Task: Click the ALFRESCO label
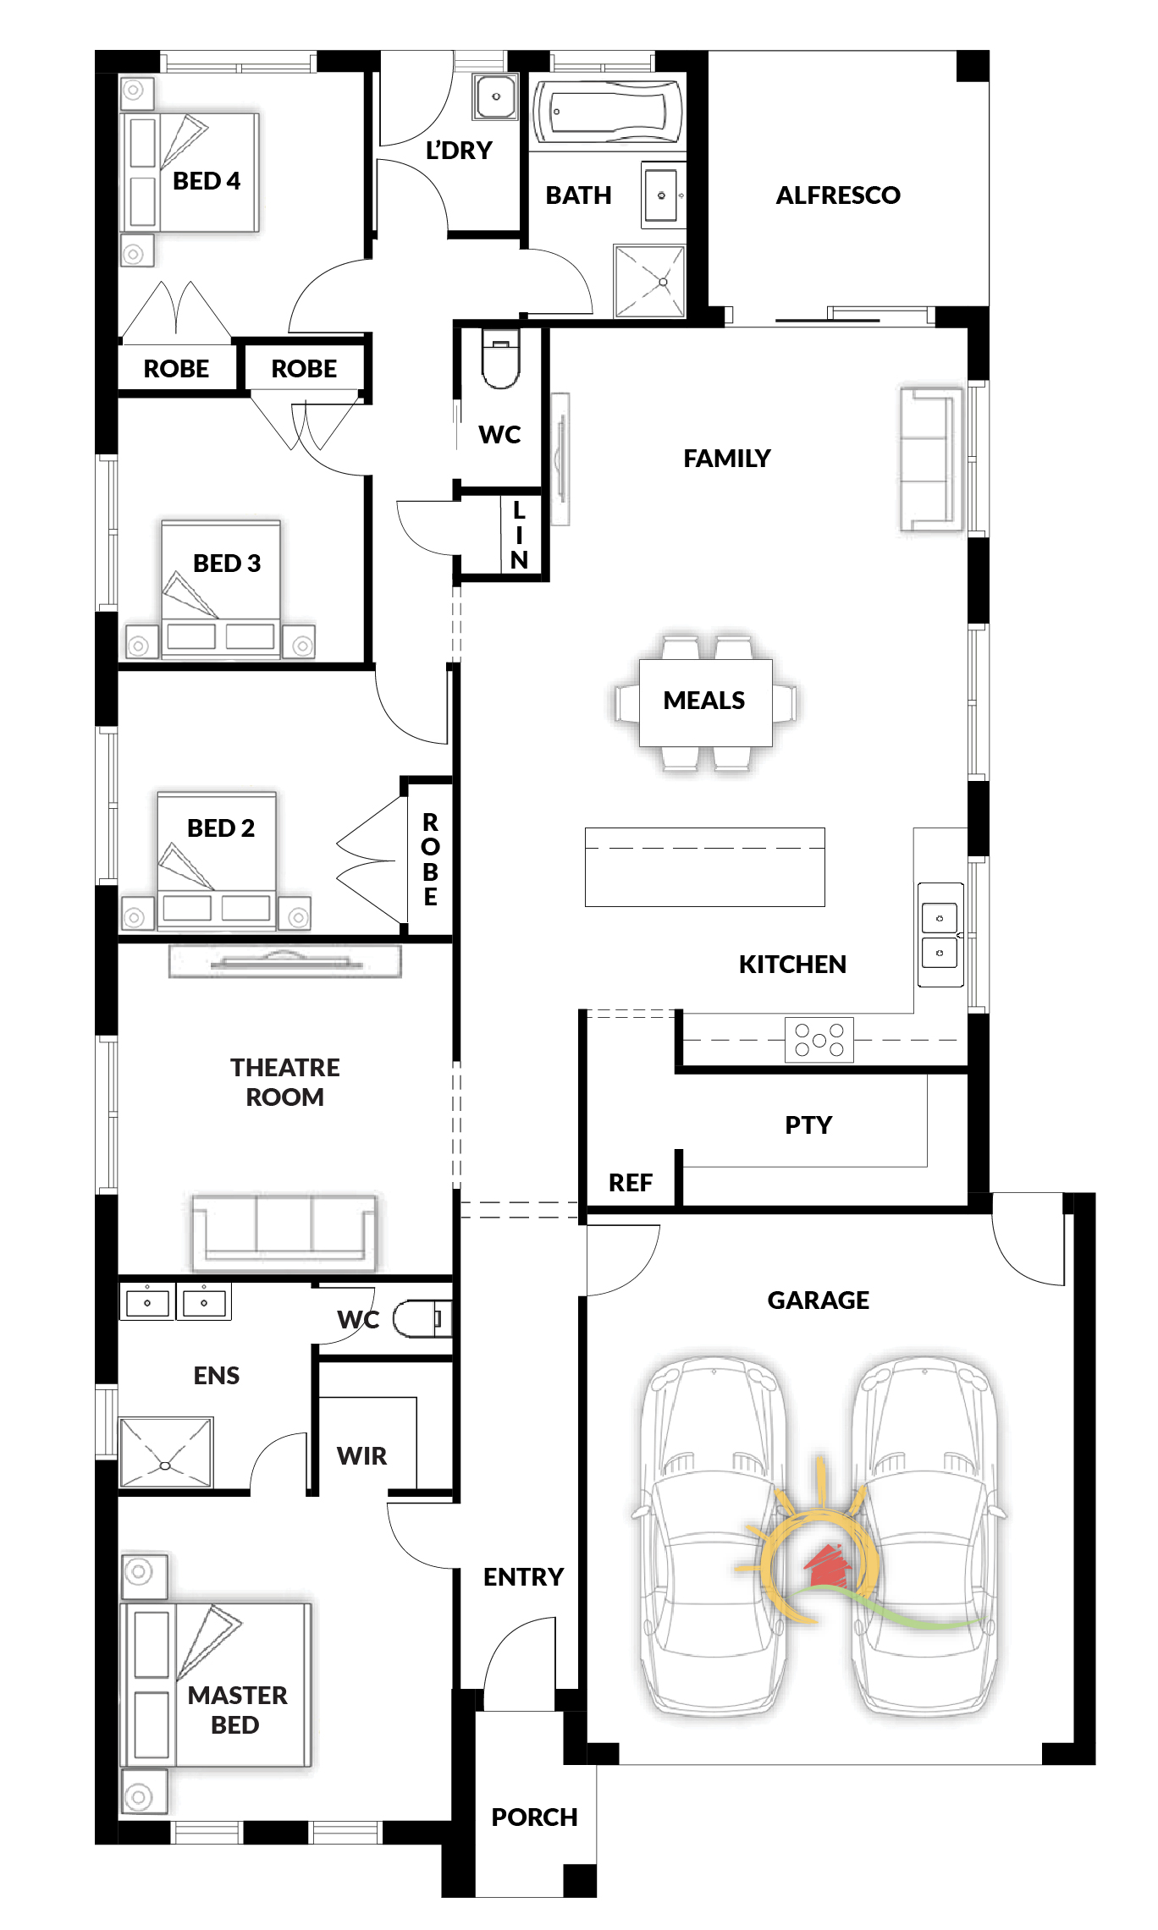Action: click(x=838, y=195)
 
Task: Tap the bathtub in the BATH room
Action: click(x=608, y=111)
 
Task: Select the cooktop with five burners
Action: click(x=819, y=1039)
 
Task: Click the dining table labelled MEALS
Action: click(x=705, y=702)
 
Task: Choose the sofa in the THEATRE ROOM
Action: click(x=284, y=1232)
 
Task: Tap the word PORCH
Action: click(x=534, y=1817)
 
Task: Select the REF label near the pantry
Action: click(x=631, y=1182)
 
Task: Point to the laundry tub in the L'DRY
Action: click(x=495, y=96)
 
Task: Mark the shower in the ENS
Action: click(x=166, y=1452)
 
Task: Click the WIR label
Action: click(x=361, y=1455)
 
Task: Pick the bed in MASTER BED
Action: click(x=217, y=1684)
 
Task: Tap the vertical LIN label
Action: click(x=519, y=535)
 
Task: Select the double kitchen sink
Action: click(x=940, y=934)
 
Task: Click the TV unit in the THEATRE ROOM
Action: click(x=284, y=961)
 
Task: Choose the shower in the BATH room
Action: click(x=649, y=281)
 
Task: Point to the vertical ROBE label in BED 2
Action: click(x=430, y=859)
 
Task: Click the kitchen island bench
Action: click(x=704, y=866)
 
